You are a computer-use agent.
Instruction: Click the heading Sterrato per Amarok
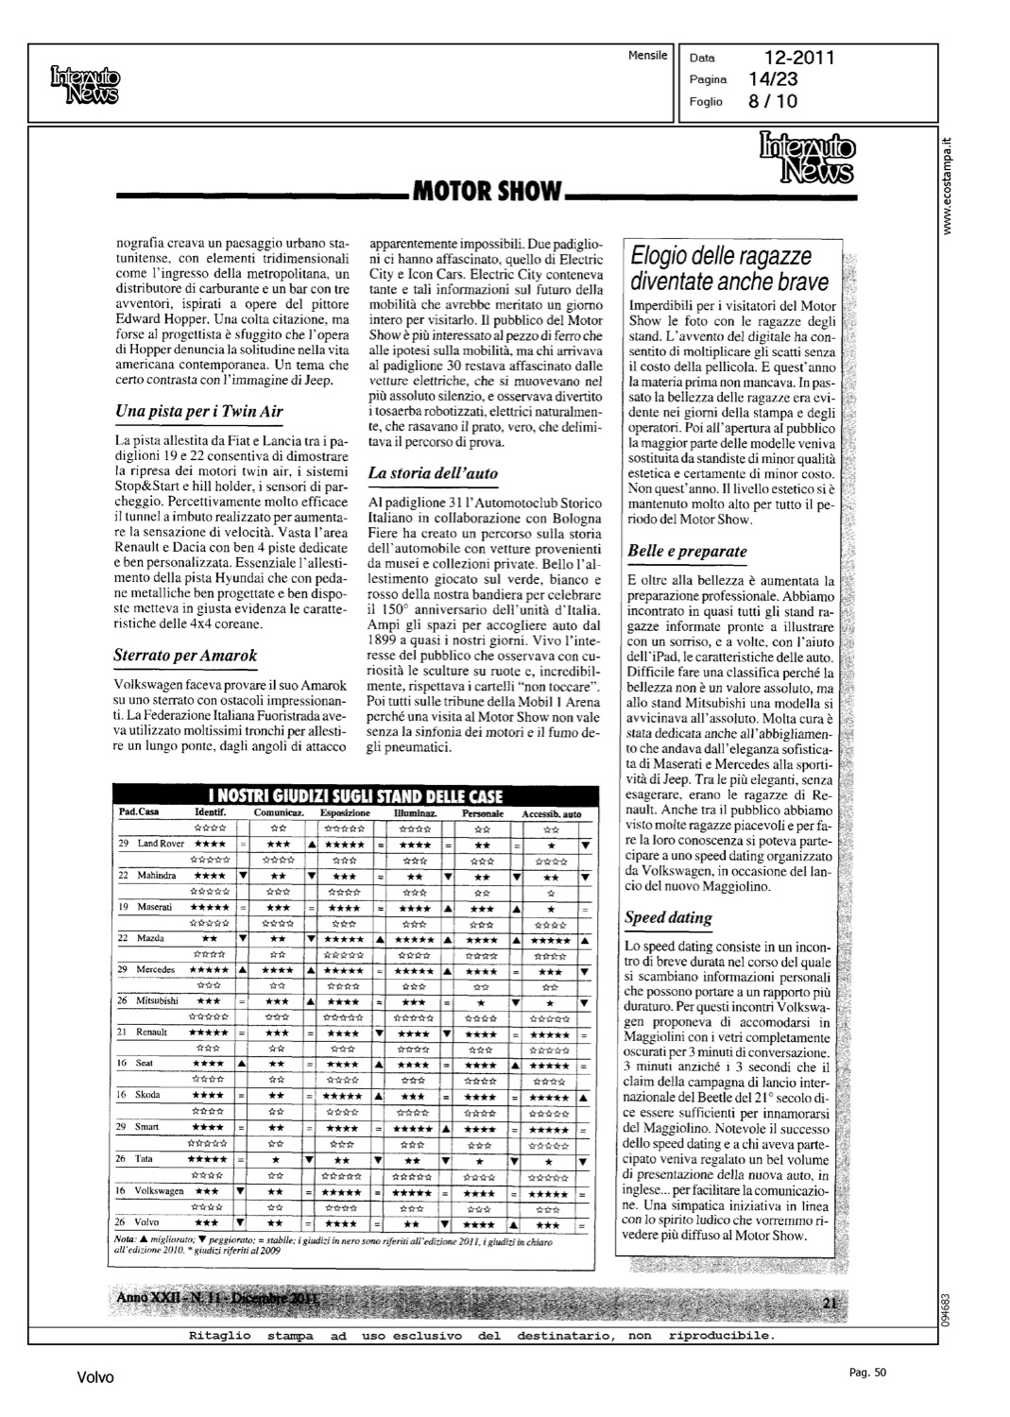tap(184, 655)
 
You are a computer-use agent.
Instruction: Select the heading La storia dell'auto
tap(433, 472)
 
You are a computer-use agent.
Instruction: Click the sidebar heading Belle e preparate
tap(687, 551)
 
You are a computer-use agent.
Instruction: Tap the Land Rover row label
tap(160, 844)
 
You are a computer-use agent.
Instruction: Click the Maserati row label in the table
tap(154, 907)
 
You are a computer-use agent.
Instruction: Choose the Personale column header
tap(482, 813)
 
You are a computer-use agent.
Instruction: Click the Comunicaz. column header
tap(278, 813)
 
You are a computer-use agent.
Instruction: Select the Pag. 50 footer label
tap(867, 1373)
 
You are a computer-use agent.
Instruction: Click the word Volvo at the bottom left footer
tap(94, 1378)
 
